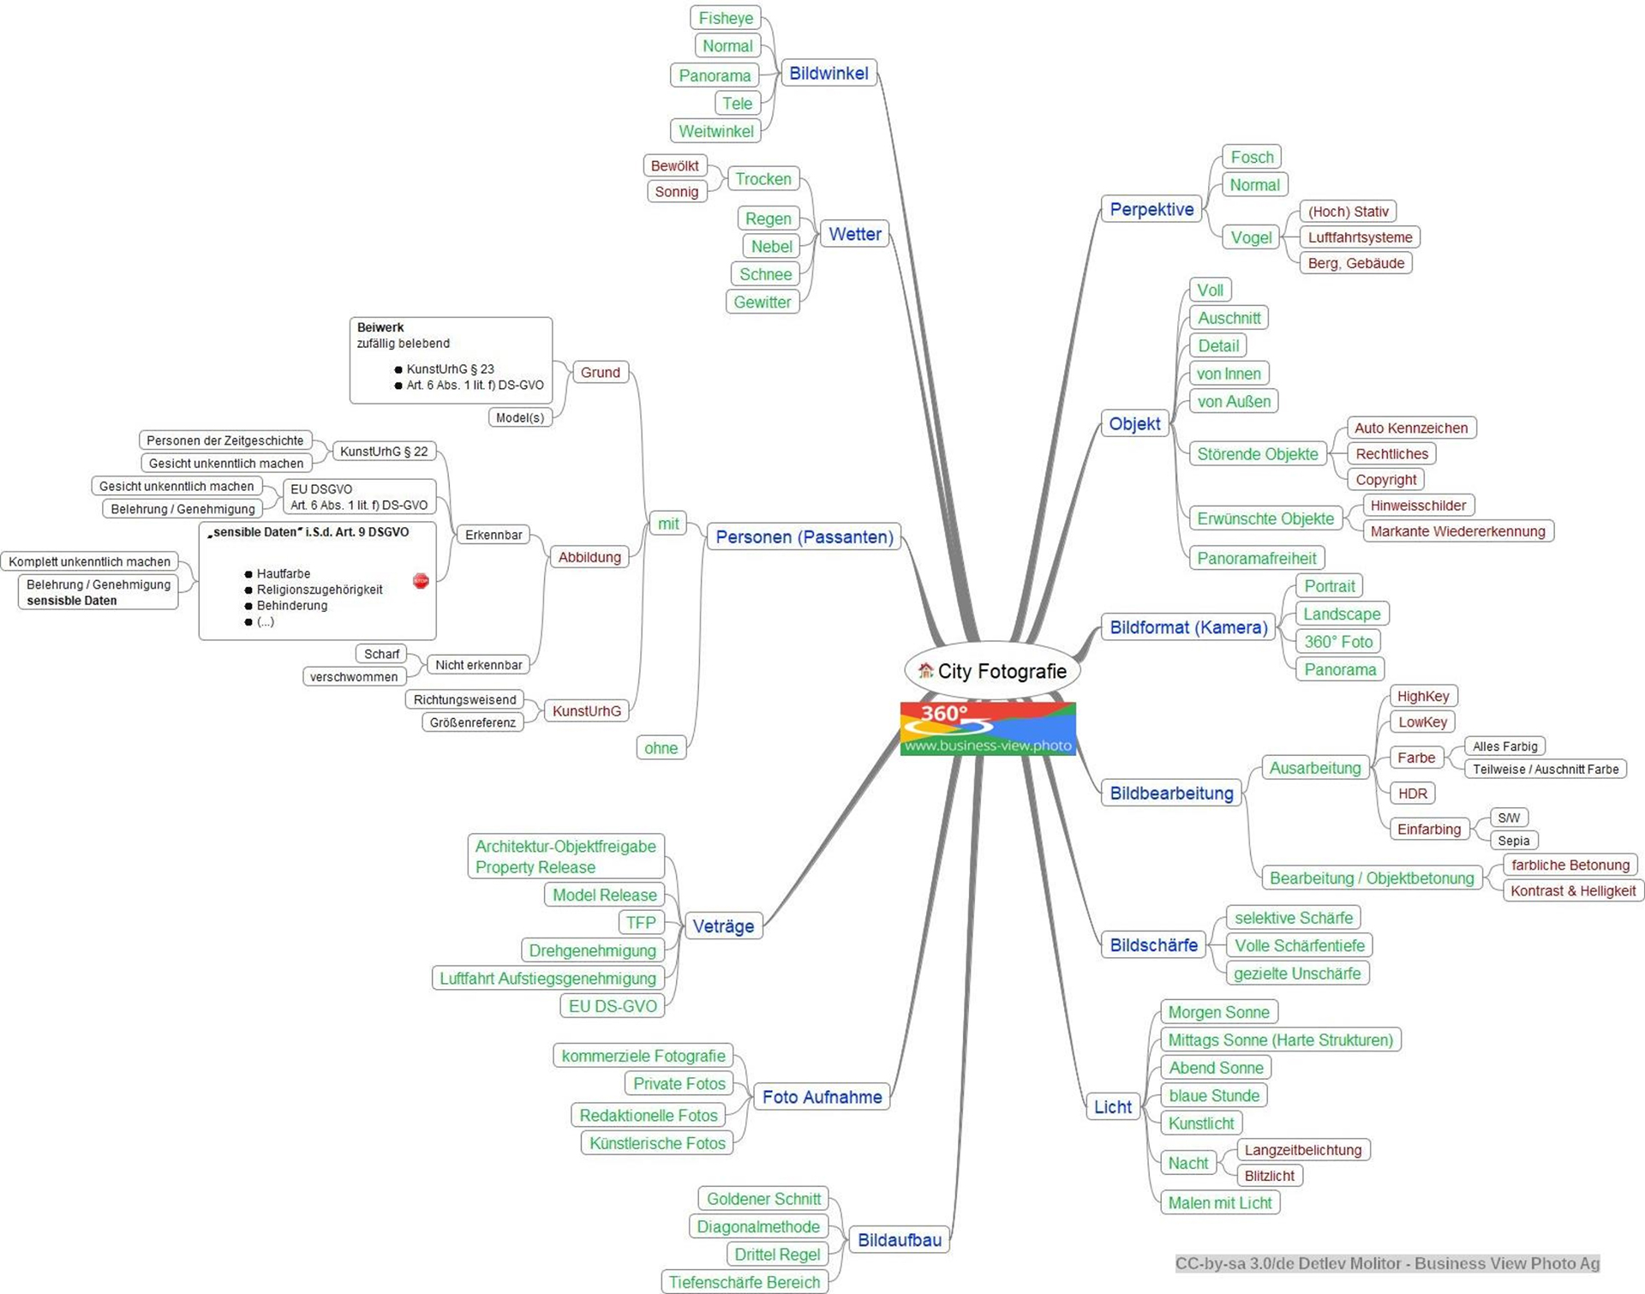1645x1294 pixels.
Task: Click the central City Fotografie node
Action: point(1001,671)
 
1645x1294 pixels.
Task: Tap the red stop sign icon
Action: point(421,581)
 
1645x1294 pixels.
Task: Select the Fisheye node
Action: point(726,18)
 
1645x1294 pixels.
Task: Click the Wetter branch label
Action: point(854,234)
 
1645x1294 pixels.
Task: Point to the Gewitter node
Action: point(762,302)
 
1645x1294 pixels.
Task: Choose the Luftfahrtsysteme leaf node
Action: point(1360,237)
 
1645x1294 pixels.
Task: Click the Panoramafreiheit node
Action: point(1256,558)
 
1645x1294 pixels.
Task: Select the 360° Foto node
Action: point(1338,641)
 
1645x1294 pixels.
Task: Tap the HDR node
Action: point(1412,794)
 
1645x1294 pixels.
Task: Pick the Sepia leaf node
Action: point(1513,841)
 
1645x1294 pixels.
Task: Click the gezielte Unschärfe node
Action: point(1297,973)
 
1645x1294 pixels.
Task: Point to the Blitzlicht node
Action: point(1269,1176)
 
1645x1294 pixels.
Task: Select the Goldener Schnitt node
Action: point(763,1199)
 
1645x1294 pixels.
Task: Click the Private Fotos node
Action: point(679,1084)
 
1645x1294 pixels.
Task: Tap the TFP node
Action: point(640,923)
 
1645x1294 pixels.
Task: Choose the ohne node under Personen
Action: point(661,748)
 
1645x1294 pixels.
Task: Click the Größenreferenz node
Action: point(472,722)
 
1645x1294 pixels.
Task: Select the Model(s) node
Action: point(519,417)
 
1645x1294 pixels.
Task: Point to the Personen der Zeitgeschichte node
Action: point(224,440)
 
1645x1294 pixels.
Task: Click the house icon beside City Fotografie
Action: point(925,671)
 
